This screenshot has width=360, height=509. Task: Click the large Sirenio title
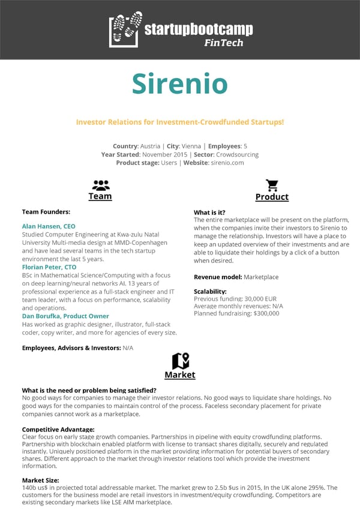pyautogui.click(x=180, y=83)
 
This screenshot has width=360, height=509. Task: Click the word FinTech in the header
pyautogui.click(x=223, y=43)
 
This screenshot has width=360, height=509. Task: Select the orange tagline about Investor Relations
pyautogui.click(x=179, y=122)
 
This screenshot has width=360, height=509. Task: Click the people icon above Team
pyautogui.click(x=100, y=185)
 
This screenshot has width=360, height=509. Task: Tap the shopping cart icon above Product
pyautogui.click(x=272, y=185)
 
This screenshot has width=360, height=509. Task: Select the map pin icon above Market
pyautogui.click(x=180, y=361)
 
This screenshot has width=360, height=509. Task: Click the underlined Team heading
pyautogui.click(x=100, y=196)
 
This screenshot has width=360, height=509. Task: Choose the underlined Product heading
pyautogui.click(x=272, y=197)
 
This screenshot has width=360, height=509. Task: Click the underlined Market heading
pyautogui.click(x=180, y=375)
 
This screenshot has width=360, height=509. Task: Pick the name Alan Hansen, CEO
pyautogui.click(x=49, y=226)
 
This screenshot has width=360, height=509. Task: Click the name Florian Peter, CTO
pyautogui.click(x=49, y=267)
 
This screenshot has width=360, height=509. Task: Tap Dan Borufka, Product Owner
pyautogui.click(x=65, y=316)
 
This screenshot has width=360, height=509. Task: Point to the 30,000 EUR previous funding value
pyautogui.click(x=260, y=299)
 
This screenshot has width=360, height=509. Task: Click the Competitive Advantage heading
pyautogui.click(x=58, y=429)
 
